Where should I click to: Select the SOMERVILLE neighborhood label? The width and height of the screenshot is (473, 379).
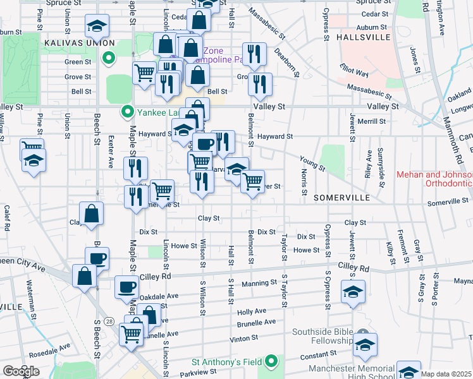[x=341, y=198]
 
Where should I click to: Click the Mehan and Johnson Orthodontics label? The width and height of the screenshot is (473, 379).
[x=434, y=179]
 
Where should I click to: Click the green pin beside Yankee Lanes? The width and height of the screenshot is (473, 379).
[x=128, y=112]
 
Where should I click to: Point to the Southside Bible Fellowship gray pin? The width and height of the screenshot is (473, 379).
[x=362, y=332]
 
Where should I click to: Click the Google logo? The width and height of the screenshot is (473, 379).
[x=21, y=371]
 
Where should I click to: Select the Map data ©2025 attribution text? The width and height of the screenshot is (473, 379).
[x=446, y=374]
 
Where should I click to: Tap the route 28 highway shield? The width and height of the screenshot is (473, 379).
[x=109, y=322]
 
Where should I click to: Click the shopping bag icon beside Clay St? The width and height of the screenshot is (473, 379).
[x=92, y=214]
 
